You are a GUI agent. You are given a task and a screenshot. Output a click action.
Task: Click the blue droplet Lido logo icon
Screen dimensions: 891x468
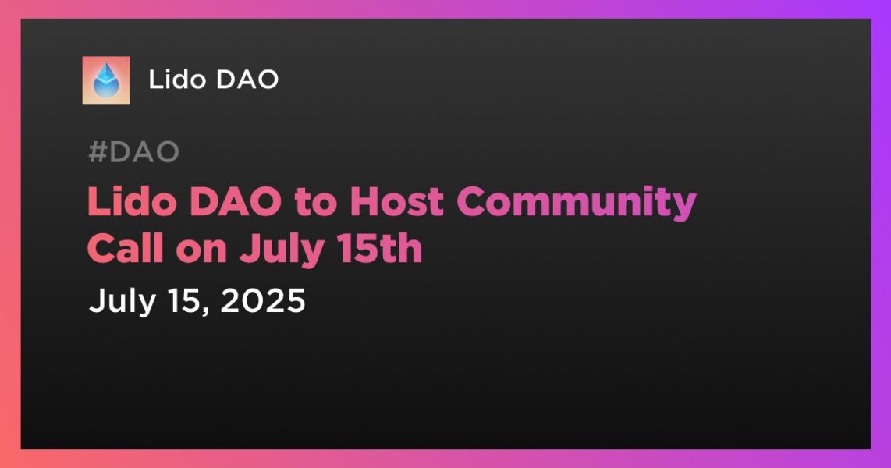tap(105, 80)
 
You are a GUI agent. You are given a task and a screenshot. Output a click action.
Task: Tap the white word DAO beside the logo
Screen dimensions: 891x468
tap(247, 80)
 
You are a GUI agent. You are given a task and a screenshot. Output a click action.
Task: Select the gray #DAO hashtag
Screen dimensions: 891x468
tap(133, 152)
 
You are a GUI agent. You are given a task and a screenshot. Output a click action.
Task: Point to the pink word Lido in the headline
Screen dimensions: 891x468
tap(131, 201)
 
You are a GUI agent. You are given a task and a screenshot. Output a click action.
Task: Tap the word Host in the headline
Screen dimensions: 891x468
tap(396, 201)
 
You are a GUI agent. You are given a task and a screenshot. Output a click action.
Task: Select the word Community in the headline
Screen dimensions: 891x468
tap(577, 204)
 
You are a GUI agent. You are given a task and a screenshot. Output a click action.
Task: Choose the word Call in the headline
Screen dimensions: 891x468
tap(126, 248)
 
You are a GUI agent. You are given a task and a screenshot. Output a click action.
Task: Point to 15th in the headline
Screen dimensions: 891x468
tap(379, 248)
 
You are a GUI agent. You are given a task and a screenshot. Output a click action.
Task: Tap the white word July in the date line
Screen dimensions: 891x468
tap(122, 301)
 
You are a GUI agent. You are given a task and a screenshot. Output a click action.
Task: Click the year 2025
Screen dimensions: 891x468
tap(262, 300)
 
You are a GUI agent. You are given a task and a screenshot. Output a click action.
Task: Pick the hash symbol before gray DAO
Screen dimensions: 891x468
tap(98, 152)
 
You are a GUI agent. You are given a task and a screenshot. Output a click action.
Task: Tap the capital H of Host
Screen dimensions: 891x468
tap(363, 202)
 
